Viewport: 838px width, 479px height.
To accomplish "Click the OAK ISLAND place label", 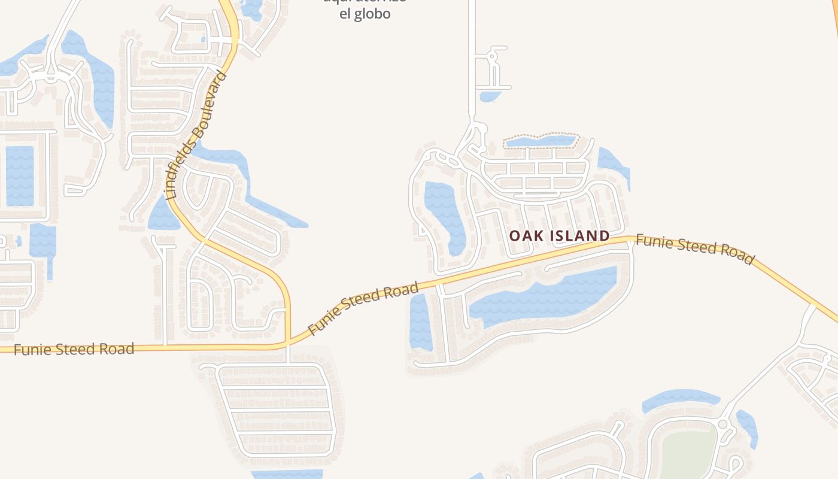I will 559,235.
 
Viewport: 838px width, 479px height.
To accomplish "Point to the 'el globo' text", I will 365,14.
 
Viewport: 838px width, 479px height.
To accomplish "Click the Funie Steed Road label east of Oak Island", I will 694,248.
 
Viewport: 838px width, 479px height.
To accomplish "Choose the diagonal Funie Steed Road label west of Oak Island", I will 363,308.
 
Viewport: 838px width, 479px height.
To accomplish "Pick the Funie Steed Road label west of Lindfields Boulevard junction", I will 74,349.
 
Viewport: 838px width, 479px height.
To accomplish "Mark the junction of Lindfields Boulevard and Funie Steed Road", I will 288,344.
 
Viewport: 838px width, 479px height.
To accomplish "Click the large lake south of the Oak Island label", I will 545,296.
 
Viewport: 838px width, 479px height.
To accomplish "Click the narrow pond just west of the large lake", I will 420,322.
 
